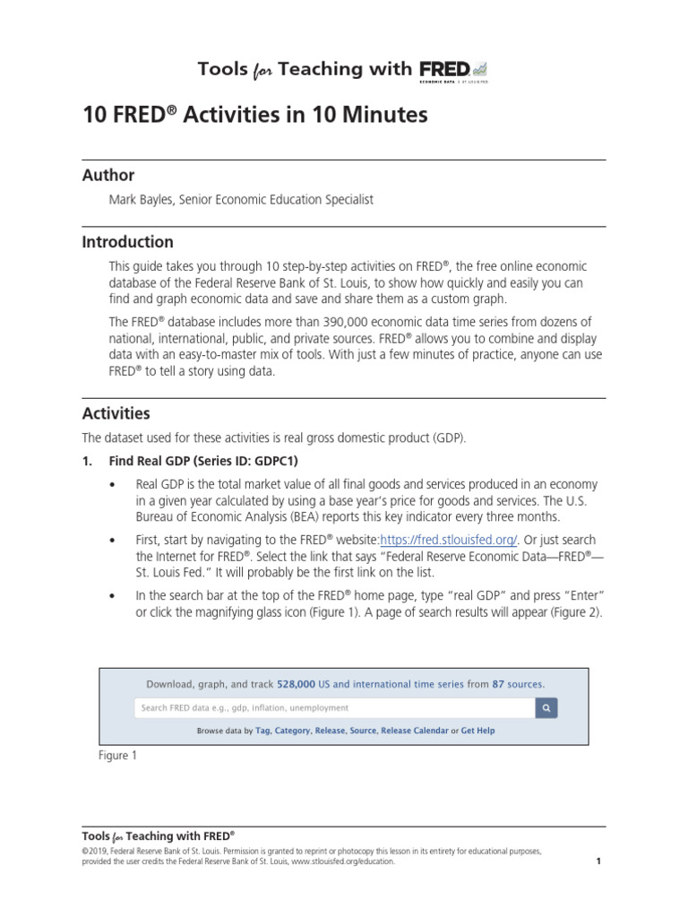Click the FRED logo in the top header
tap(453, 69)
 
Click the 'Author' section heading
tap(108, 176)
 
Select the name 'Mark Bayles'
tap(140, 200)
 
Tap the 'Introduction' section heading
tap(128, 242)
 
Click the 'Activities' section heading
tap(116, 413)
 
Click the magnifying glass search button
tap(546, 707)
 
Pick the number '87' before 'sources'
tap(498, 684)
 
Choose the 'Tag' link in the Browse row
tap(262, 731)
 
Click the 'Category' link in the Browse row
tap(292, 731)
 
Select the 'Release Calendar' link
tap(415, 731)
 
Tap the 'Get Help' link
tap(477, 731)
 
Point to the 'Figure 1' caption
tap(117, 756)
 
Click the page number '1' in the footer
tap(598, 862)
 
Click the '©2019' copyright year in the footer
tap(96, 850)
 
